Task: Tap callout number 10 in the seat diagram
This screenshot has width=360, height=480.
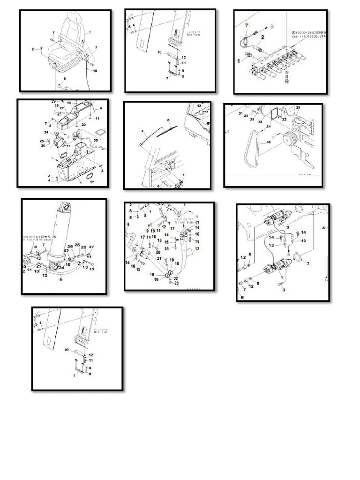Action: pos(95,71)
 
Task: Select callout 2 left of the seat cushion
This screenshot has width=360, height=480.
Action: pos(33,48)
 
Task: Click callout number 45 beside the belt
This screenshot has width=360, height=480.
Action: pos(269,141)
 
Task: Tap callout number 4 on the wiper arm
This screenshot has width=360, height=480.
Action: pos(142,131)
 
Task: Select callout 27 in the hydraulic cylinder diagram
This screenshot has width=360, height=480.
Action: pos(91,247)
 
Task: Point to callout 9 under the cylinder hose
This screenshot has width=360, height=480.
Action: pos(60,280)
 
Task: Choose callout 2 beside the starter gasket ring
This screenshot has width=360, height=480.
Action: pos(308,263)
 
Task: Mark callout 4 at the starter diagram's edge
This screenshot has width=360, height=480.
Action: pos(323,228)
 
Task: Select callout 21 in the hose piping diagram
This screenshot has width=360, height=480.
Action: pos(159,258)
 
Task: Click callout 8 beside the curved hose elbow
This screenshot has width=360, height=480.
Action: pos(128,225)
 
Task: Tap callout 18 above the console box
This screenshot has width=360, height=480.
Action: pos(69,102)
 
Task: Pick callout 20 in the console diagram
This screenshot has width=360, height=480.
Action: pos(83,125)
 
